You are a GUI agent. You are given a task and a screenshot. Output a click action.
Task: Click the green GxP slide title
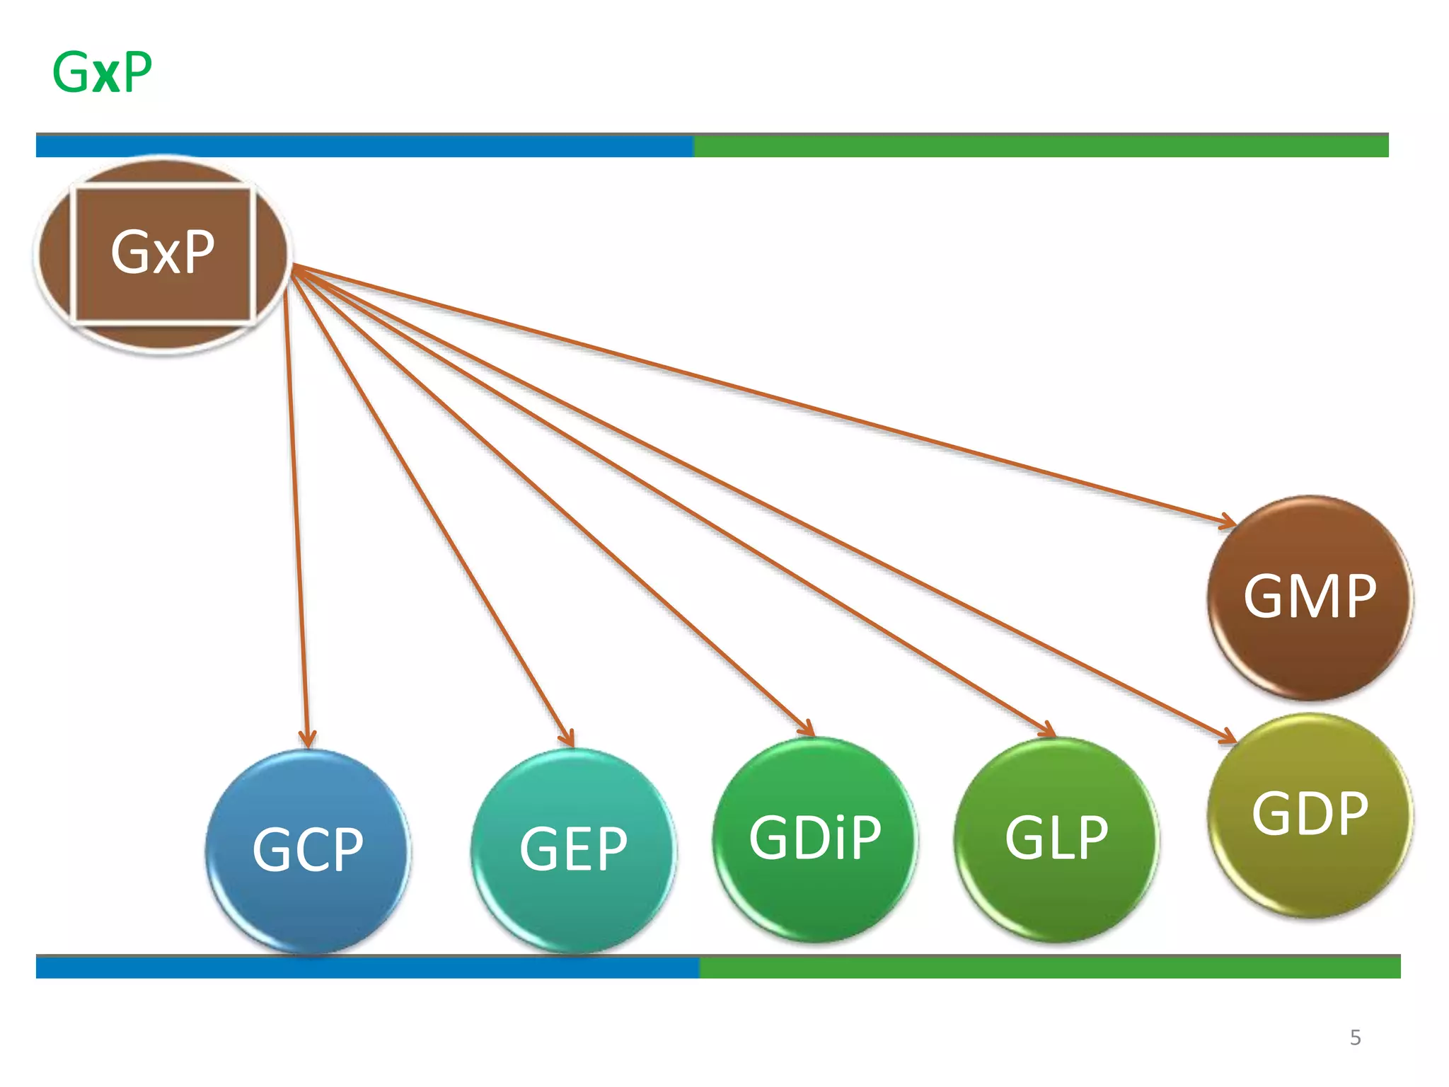point(103,72)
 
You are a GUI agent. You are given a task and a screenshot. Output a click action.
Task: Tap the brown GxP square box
point(163,253)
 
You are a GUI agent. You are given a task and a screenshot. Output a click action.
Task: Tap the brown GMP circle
point(1310,598)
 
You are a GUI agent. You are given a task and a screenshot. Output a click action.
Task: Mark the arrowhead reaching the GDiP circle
point(807,728)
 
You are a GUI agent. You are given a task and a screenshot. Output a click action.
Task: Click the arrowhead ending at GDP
point(1228,737)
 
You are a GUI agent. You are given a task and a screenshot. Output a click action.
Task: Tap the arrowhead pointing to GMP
point(1228,522)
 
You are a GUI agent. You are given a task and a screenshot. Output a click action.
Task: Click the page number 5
point(1355,1037)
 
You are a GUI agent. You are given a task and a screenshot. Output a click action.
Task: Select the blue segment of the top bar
point(364,146)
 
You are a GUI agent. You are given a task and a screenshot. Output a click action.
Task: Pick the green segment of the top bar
point(1040,146)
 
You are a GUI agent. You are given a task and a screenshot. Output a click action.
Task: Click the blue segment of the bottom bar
point(368,967)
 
